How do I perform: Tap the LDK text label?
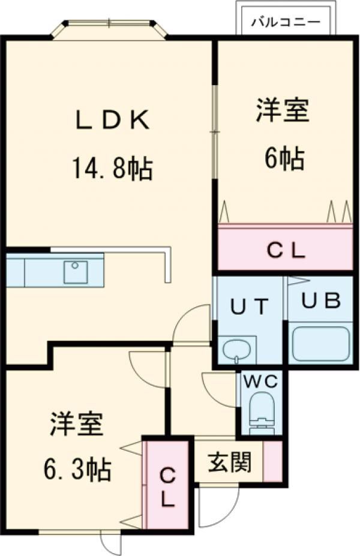pyautogui.click(x=112, y=121)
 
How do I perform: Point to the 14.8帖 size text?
pyautogui.click(x=112, y=169)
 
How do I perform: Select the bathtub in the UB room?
pyautogui.click(x=321, y=343)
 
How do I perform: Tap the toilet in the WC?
pyautogui.click(x=262, y=411)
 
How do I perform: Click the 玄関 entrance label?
pyautogui.click(x=229, y=462)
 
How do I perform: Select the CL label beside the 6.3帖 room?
pyautogui.click(x=168, y=487)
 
